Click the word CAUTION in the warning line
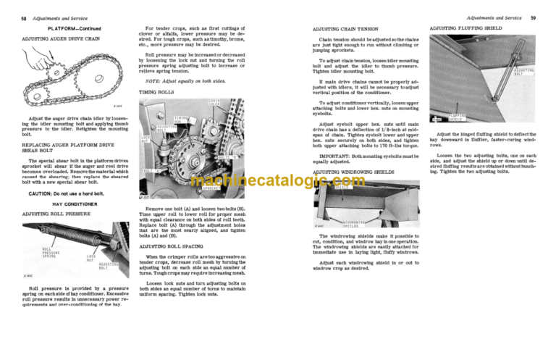click(x=41, y=195)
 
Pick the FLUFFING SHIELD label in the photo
click(x=458, y=117)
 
